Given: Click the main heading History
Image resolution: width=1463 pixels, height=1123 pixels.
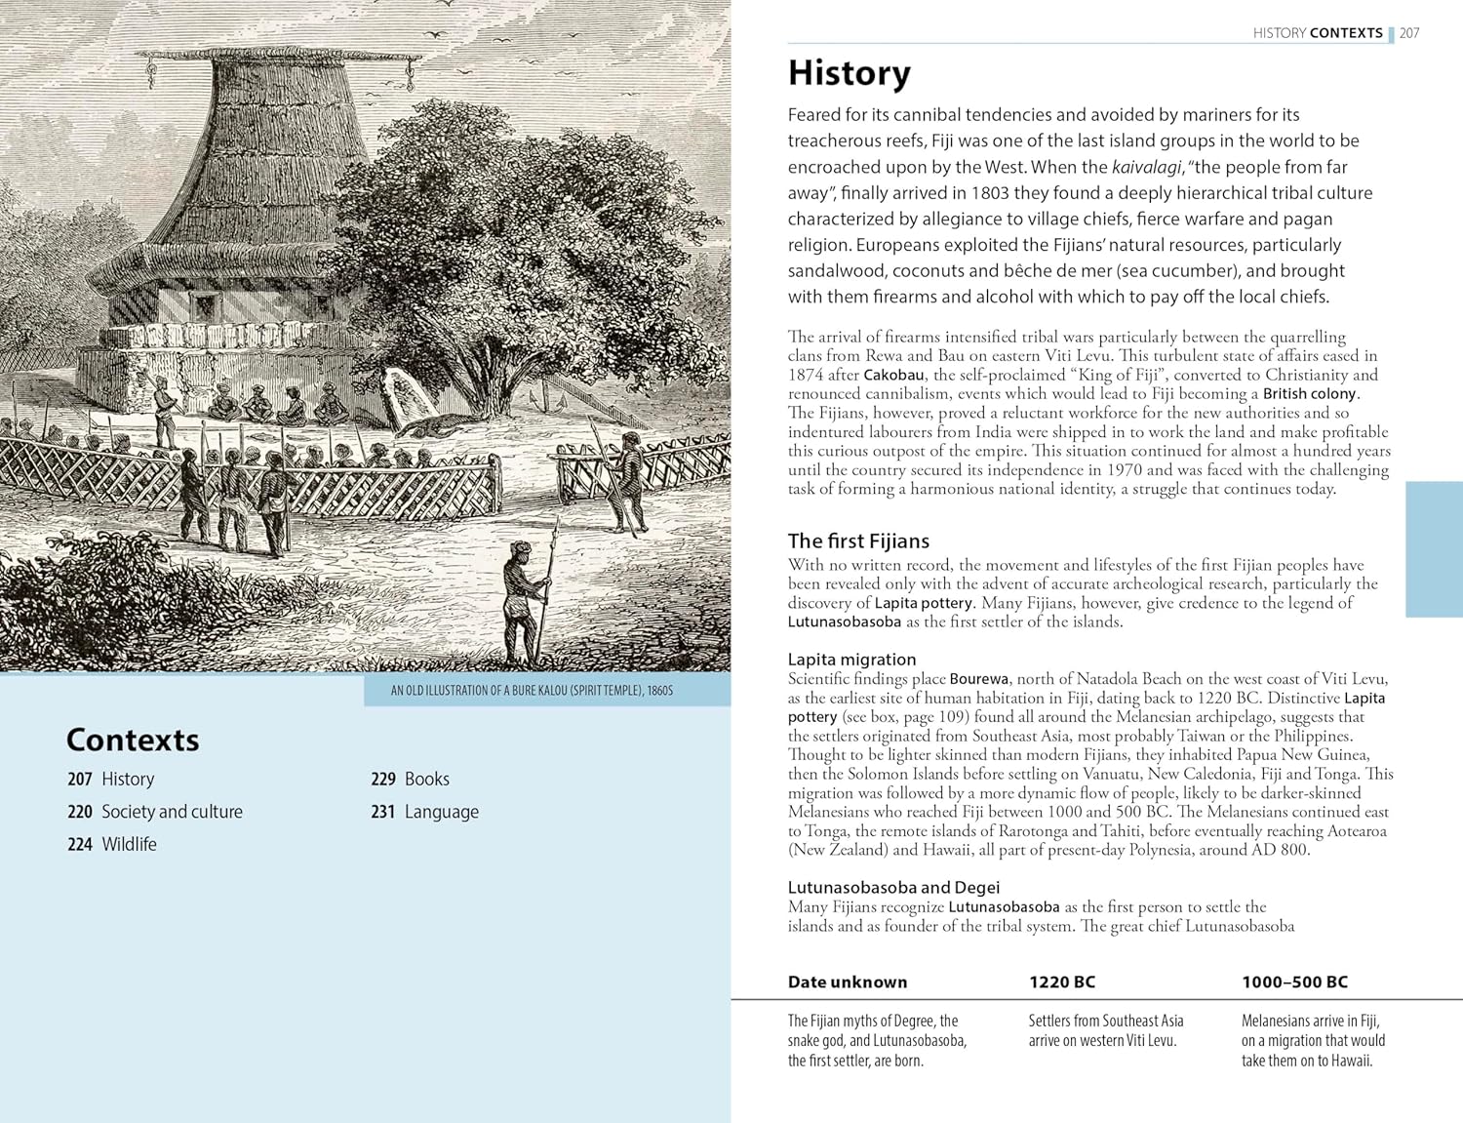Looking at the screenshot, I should click(849, 73).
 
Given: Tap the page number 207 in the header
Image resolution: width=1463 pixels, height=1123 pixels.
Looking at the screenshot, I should click(1409, 33).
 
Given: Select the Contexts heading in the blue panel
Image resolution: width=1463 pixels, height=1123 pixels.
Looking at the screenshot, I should click(133, 741).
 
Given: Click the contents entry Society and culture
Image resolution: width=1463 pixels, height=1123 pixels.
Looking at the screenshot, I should click(172, 812).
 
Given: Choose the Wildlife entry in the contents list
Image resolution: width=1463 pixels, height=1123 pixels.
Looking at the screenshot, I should click(129, 844).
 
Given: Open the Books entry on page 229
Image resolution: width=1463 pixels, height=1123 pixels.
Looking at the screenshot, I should click(426, 779).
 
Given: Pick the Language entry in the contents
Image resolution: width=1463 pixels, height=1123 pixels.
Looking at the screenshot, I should click(441, 812).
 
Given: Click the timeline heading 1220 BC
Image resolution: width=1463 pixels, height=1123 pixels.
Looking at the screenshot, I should click(1062, 983).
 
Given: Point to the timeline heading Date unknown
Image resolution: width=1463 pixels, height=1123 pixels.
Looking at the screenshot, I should click(848, 983).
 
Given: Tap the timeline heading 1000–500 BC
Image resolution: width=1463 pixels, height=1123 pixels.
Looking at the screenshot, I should click(1294, 983).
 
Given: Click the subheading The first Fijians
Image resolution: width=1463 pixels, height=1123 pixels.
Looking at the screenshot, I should click(858, 541).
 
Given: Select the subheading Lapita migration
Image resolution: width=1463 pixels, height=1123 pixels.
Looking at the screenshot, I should click(851, 660).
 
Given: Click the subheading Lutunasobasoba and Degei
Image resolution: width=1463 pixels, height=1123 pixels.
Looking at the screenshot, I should click(893, 887).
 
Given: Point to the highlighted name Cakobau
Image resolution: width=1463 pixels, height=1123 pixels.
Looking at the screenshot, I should click(895, 375).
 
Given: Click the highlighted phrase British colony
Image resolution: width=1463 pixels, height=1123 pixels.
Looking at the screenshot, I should click(1309, 394).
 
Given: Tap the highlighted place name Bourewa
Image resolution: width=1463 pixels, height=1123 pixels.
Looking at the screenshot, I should click(979, 679).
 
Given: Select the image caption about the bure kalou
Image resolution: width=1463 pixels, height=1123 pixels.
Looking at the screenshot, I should click(532, 691).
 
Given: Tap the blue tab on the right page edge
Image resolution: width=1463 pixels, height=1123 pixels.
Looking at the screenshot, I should click(1434, 549).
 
